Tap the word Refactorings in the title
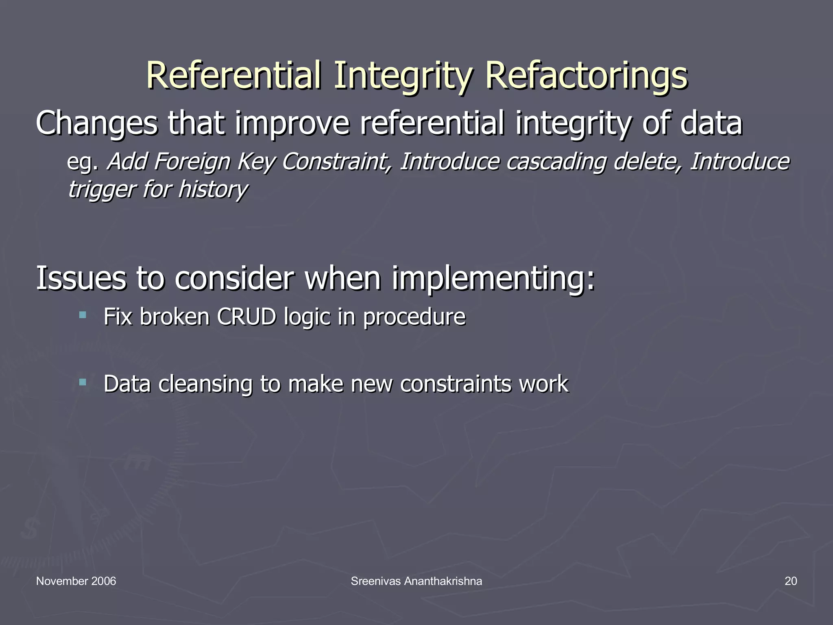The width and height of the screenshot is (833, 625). (x=586, y=76)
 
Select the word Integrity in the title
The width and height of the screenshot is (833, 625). (x=403, y=76)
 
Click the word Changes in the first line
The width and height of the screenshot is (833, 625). (x=96, y=124)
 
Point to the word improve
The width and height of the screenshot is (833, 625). (x=292, y=124)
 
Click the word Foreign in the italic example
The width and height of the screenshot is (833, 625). (x=192, y=162)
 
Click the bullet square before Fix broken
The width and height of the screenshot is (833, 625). (x=83, y=315)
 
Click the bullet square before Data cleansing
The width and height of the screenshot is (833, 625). (x=83, y=382)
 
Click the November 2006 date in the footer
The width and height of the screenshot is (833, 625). (x=76, y=581)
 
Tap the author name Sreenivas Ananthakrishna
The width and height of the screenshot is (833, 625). (x=416, y=581)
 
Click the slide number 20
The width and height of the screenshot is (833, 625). (x=791, y=581)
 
